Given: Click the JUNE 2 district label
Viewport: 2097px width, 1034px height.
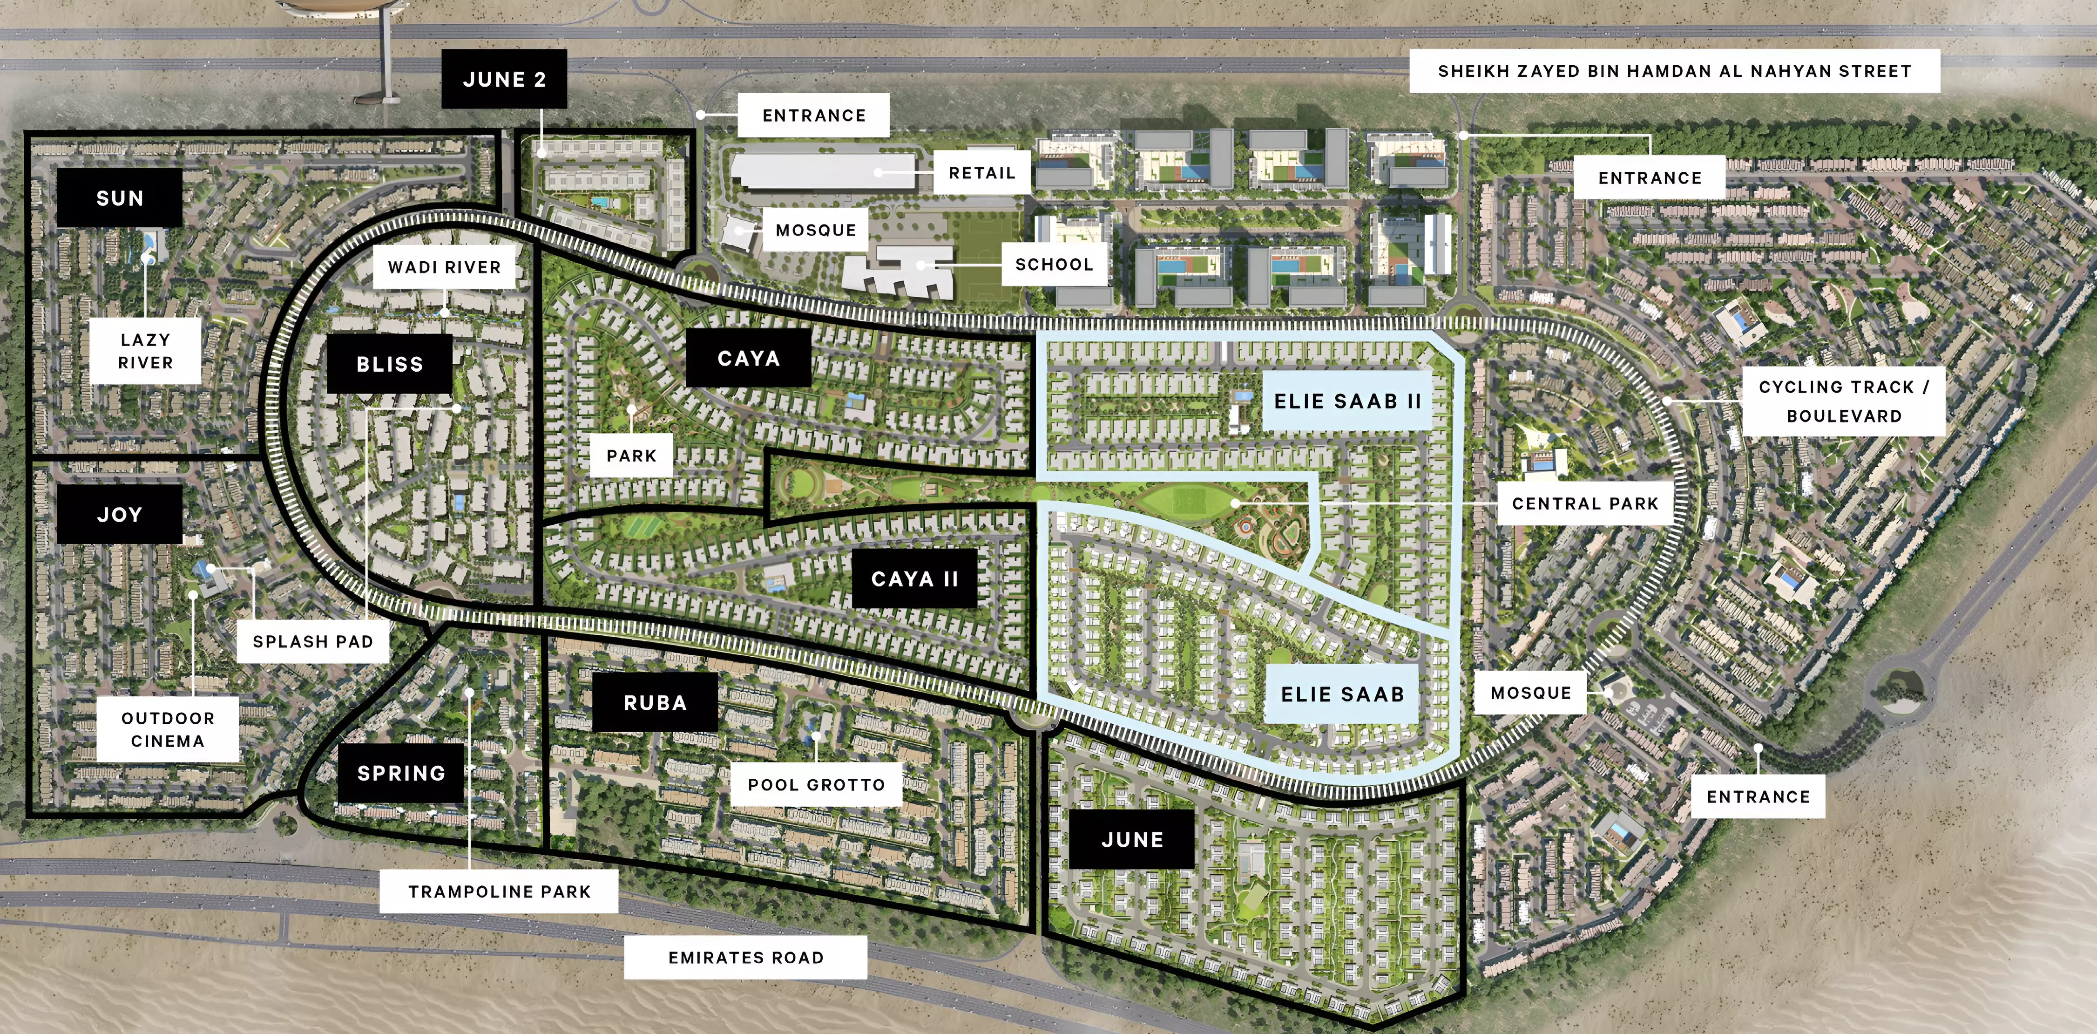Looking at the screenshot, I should click(x=504, y=79).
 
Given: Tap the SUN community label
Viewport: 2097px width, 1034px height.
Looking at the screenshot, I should click(x=120, y=198).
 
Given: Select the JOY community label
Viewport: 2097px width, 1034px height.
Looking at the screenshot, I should click(x=120, y=515).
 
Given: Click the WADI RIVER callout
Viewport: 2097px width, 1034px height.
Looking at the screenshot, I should click(x=445, y=267).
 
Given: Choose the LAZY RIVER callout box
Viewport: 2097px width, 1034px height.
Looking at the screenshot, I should click(x=146, y=351).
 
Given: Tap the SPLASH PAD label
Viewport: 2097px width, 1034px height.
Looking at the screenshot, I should click(x=312, y=641).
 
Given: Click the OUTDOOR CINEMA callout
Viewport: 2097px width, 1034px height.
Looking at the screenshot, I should click(x=168, y=729).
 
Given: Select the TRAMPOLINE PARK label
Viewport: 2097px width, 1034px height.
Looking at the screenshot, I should click(x=499, y=891).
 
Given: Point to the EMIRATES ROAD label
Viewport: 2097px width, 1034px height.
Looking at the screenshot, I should click(x=746, y=958).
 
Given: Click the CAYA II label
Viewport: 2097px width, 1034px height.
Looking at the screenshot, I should click(x=914, y=579).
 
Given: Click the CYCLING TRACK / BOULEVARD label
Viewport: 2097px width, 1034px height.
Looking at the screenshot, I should click(x=1844, y=401).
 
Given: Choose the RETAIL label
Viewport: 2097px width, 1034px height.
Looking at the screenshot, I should click(x=982, y=173).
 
